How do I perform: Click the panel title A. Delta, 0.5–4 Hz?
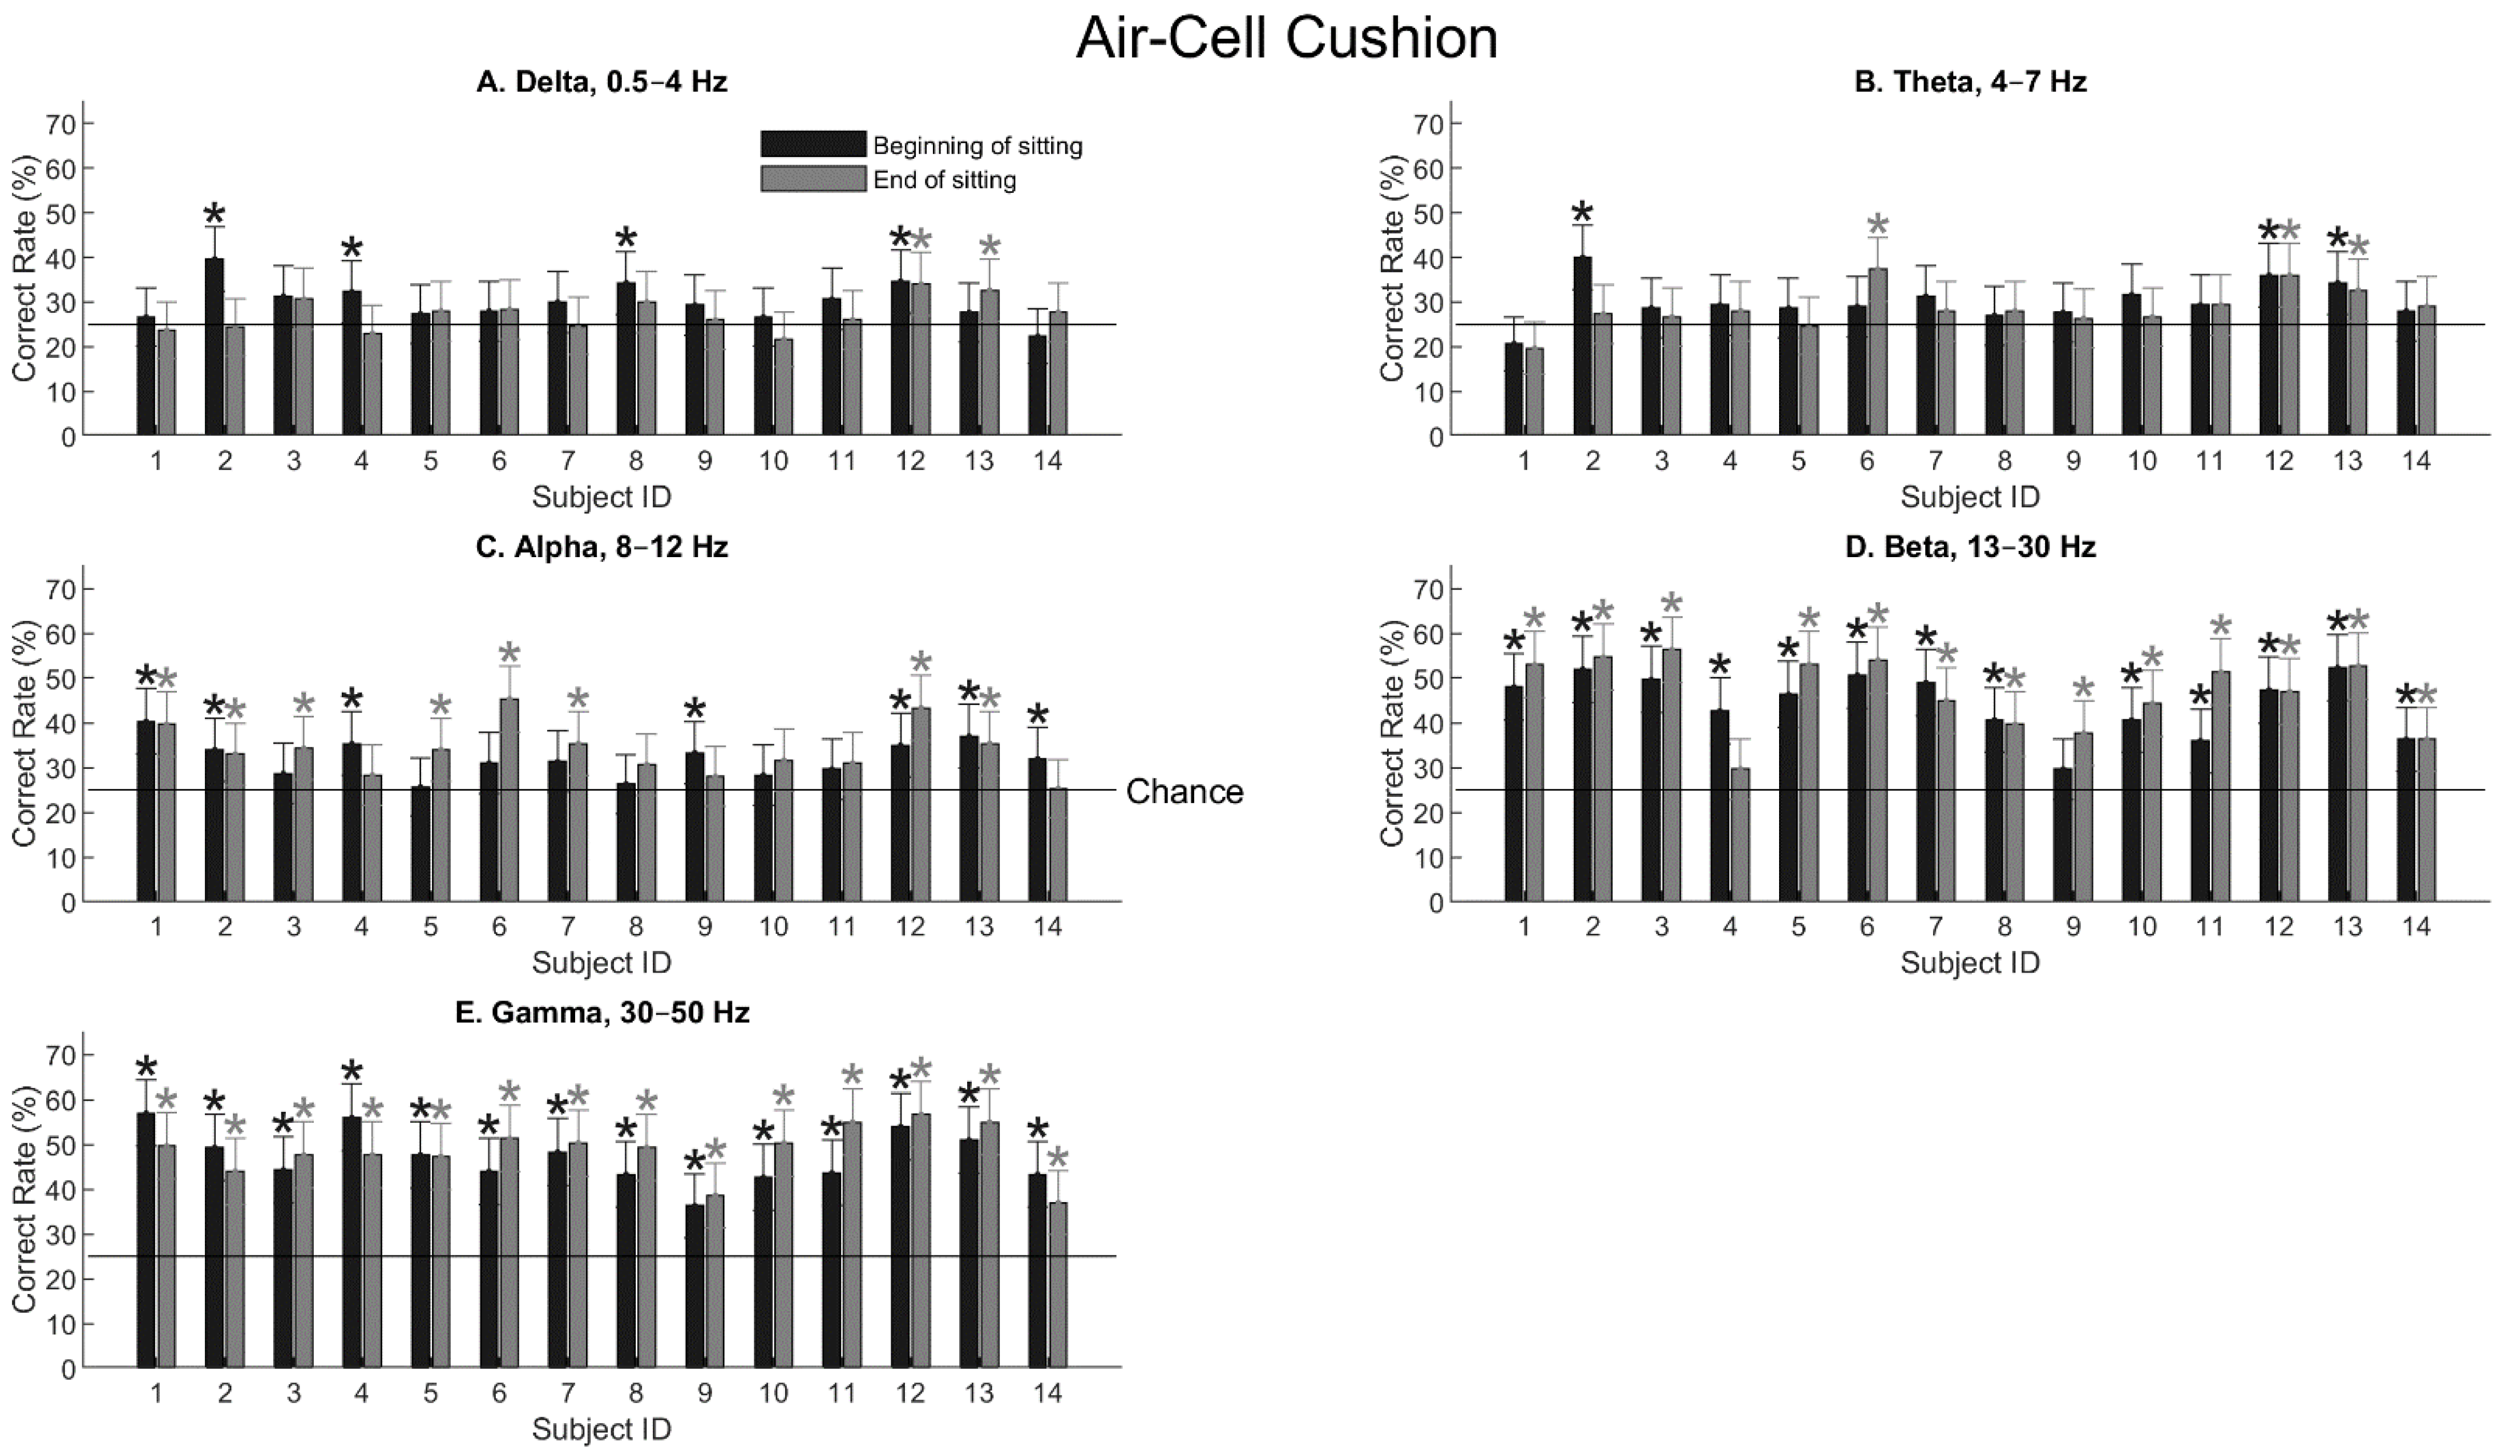[x=601, y=82]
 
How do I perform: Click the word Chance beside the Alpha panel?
[x=1185, y=792]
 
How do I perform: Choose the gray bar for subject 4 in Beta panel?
[x=1740, y=835]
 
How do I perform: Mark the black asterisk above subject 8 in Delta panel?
[x=625, y=239]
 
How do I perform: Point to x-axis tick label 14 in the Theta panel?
[x=2416, y=461]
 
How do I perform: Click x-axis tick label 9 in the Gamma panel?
[x=704, y=1393]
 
